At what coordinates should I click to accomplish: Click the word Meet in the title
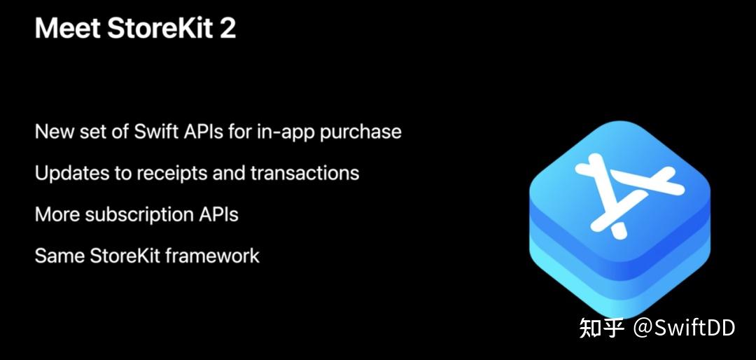pyautogui.click(x=64, y=29)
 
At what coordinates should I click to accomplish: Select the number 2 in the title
pyautogui.click(x=227, y=29)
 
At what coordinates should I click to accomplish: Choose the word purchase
pyautogui.click(x=360, y=132)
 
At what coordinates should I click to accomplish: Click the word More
pyautogui.click(x=57, y=214)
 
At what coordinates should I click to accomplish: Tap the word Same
pyautogui.click(x=59, y=256)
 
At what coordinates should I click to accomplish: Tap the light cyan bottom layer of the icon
pyautogui.click(x=619, y=294)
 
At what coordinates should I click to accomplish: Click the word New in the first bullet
pyautogui.click(x=53, y=132)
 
